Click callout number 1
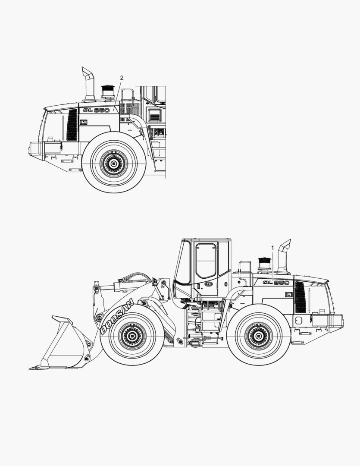coord(272,247)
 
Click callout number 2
coord(122,78)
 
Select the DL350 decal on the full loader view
coord(276,283)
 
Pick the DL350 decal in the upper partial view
coord(96,110)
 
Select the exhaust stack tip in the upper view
coord(88,72)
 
